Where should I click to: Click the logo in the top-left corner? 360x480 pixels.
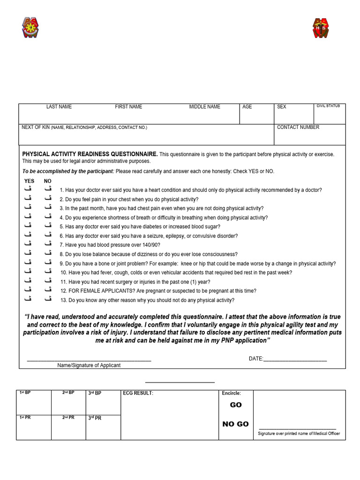(x=30, y=28)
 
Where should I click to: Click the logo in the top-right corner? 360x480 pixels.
(x=321, y=28)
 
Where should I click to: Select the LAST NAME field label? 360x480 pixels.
(x=59, y=107)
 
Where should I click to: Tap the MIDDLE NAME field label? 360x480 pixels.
(x=204, y=107)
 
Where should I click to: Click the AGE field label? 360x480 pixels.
(x=247, y=107)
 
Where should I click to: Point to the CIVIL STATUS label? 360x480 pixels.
(x=328, y=106)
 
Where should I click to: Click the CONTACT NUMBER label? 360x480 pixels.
(x=298, y=127)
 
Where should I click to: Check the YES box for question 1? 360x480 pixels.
(x=28, y=189)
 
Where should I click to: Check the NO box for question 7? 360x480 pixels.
(x=48, y=244)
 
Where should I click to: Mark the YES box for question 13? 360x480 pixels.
(x=28, y=299)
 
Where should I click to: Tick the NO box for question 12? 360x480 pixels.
(x=48, y=290)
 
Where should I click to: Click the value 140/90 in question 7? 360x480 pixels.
(x=150, y=245)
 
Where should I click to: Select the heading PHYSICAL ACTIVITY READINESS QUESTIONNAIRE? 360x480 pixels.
(x=90, y=154)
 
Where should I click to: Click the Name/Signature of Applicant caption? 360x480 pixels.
(x=89, y=365)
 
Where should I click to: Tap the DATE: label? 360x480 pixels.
(x=256, y=359)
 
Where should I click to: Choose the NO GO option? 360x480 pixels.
(x=235, y=424)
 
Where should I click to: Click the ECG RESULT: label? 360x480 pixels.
(x=138, y=393)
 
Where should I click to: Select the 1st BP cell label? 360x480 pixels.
(x=25, y=393)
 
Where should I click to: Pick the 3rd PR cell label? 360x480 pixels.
(x=95, y=418)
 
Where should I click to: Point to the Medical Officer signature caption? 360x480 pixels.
(x=299, y=434)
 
